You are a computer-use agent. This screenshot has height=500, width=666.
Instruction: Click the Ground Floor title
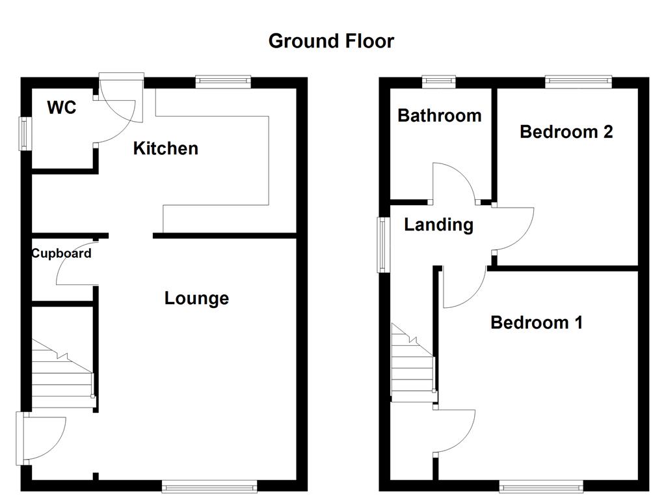[331, 41]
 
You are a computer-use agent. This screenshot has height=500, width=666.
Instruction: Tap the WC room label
[62, 107]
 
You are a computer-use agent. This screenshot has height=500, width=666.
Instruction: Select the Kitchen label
[166, 148]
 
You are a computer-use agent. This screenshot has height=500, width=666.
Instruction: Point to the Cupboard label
[62, 253]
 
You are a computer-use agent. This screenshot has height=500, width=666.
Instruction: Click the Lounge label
[196, 298]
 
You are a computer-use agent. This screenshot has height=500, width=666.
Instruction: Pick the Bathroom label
[440, 116]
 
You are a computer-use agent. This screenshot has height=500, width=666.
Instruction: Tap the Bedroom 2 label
[566, 132]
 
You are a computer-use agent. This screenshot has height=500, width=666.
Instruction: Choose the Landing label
[439, 225]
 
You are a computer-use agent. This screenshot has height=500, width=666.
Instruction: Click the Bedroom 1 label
[537, 323]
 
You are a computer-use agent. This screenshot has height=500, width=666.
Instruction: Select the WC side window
[25, 133]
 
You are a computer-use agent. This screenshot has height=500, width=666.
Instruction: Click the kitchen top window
[223, 81]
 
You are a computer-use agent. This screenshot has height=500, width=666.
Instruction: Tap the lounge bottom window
[210, 486]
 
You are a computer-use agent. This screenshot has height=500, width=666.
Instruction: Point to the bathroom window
[439, 81]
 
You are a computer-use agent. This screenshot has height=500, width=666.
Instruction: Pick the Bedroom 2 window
[578, 81]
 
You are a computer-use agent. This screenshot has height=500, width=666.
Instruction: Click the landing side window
[383, 245]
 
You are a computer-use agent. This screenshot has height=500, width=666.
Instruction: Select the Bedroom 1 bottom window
[541, 486]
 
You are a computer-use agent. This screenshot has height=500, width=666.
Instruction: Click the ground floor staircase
[63, 374]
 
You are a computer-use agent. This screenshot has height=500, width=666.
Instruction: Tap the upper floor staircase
[413, 362]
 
